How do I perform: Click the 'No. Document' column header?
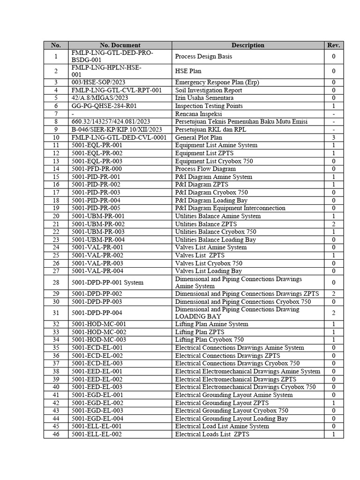click(120, 45)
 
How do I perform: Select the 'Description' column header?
click(247, 45)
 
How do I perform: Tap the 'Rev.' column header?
click(333, 45)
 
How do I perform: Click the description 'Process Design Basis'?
click(203, 57)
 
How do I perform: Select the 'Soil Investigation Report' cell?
click(209, 90)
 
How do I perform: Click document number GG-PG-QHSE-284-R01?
click(103, 106)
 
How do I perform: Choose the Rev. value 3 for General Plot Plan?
click(333, 138)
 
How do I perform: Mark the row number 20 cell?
click(56, 216)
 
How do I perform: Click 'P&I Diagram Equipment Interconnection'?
click(230, 208)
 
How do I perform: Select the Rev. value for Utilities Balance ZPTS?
click(333, 224)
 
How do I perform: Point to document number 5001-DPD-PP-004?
click(97, 313)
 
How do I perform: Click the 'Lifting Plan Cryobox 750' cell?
click(209, 340)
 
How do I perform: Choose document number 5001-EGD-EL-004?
click(97, 419)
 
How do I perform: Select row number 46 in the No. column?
click(56, 435)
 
